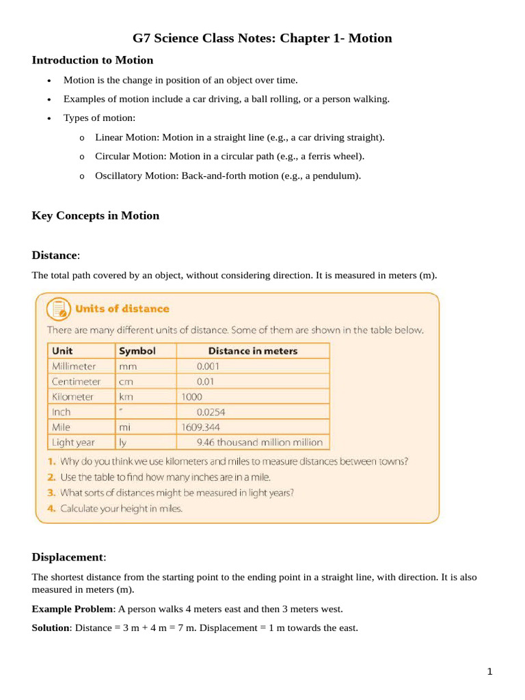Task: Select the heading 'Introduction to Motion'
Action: [x=92, y=60]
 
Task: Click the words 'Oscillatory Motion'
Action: [x=136, y=176]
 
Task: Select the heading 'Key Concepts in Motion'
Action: [x=95, y=216]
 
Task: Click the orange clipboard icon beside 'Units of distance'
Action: [x=57, y=309]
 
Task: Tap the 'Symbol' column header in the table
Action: [x=137, y=351]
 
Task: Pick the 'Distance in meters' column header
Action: [x=253, y=351]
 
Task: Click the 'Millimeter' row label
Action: [x=74, y=366]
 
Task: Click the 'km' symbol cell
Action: [x=126, y=396]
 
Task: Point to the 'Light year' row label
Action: [x=73, y=442]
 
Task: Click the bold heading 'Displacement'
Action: [x=68, y=556]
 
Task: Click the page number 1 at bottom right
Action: [x=489, y=672]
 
